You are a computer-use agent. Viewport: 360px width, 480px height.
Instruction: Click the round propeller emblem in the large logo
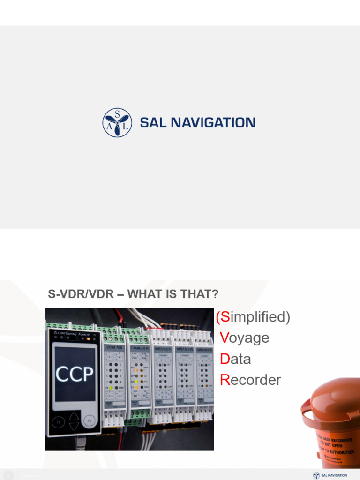(117, 122)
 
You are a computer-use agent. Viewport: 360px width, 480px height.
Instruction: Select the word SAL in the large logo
(153, 123)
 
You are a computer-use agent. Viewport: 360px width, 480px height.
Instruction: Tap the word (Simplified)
(253, 317)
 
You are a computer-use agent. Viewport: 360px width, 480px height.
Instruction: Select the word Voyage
(244, 338)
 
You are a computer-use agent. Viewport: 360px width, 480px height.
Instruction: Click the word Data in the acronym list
(235, 359)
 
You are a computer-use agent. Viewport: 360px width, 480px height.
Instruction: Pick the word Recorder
(250, 380)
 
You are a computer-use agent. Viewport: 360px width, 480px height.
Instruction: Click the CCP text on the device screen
(75, 374)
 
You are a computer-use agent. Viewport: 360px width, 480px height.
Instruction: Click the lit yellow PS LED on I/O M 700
(110, 387)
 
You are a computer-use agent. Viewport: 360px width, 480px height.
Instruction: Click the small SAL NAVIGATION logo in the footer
(330, 475)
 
